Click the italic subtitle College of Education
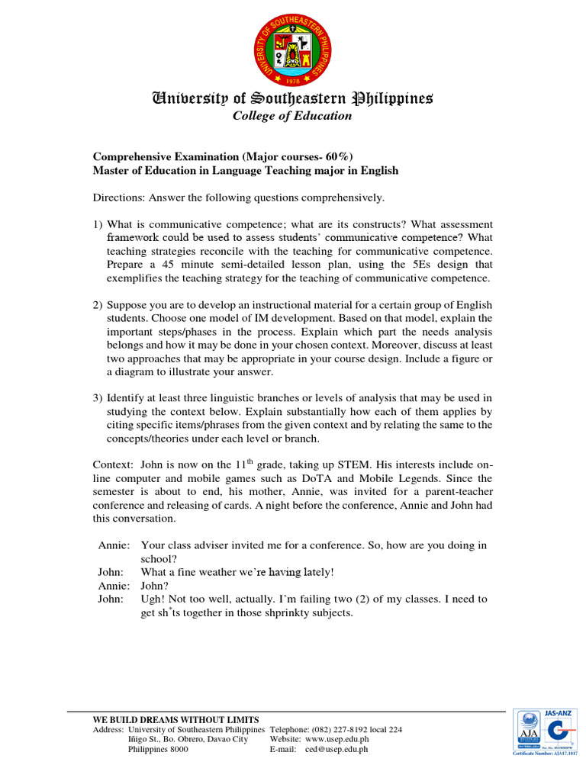click(x=292, y=116)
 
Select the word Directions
click(x=119, y=198)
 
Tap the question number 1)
click(x=98, y=224)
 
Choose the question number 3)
click(x=98, y=397)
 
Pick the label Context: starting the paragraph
click(x=114, y=464)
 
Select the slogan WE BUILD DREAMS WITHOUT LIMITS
click(x=175, y=719)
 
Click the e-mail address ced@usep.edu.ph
click(x=336, y=749)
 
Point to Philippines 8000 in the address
click(x=157, y=749)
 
